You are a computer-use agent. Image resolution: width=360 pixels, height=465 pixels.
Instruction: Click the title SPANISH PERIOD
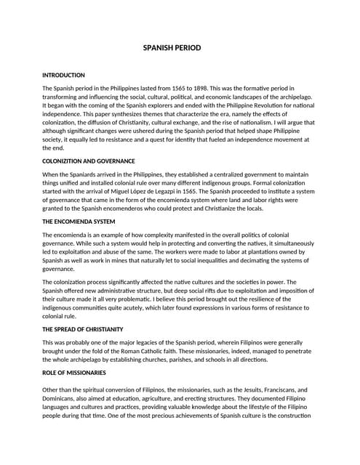(x=180, y=49)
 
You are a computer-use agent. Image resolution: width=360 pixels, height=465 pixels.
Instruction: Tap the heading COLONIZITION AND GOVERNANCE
(x=89, y=161)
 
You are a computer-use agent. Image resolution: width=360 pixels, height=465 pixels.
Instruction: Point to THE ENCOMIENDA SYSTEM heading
(x=79, y=222)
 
